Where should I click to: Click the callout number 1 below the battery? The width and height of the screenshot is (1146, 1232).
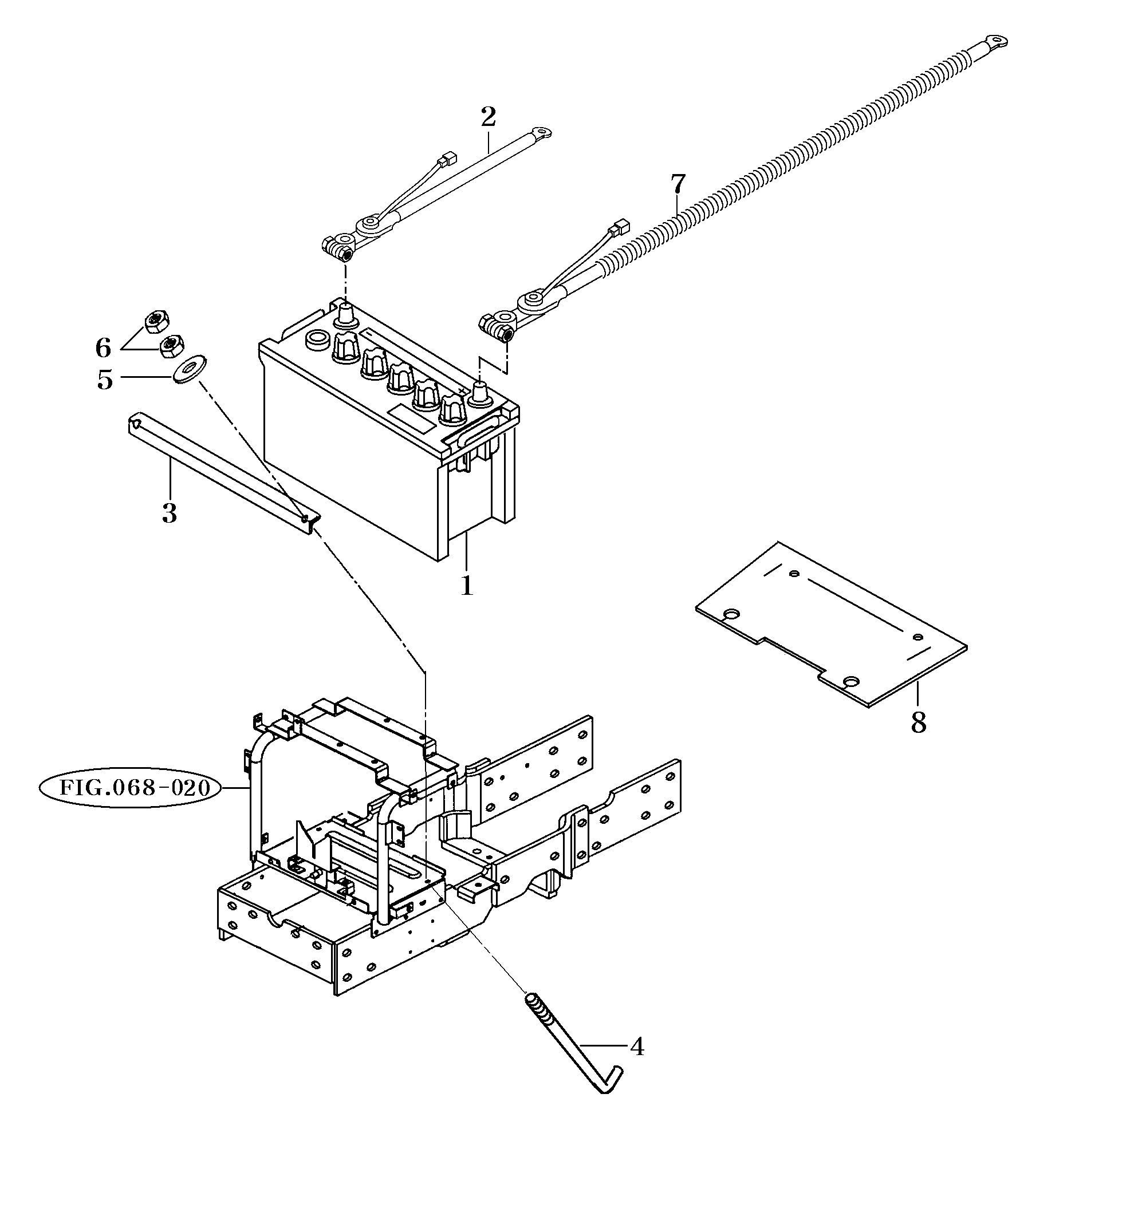pyautogui.click(x=467, y=585)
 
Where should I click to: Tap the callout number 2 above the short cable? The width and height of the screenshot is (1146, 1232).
pyautogui.click(x=489, y=117)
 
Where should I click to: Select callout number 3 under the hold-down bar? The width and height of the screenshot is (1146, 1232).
pyautogui.click(x=169, y=513)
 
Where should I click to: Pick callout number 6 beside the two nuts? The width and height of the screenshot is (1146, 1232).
pyautogui.click(x=104, y=348)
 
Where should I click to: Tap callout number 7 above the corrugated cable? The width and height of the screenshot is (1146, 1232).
pyautogui.click(x=678, y=184)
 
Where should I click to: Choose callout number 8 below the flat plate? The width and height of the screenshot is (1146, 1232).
pyautogui.click(x=918, y=722)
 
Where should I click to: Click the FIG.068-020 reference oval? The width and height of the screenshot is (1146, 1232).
pyautogui.click(x=131, y=788)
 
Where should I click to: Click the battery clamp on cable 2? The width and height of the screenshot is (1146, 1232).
pyautogui.click(x=338, y=248)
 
